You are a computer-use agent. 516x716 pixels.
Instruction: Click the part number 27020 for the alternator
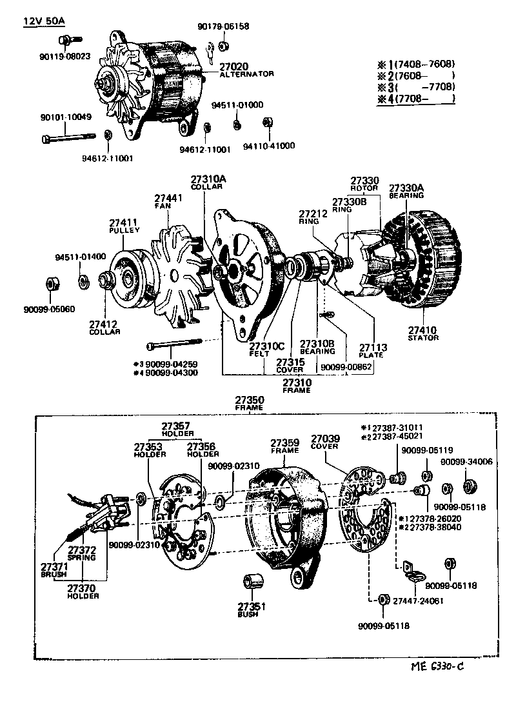point(233,66)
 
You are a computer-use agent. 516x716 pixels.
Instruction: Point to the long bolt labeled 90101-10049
point(68,137)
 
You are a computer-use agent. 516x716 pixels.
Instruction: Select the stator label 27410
point(423,329)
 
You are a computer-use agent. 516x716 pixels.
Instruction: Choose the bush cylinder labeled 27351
point(251,582)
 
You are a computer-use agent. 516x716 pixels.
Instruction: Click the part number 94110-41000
point(268,146)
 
